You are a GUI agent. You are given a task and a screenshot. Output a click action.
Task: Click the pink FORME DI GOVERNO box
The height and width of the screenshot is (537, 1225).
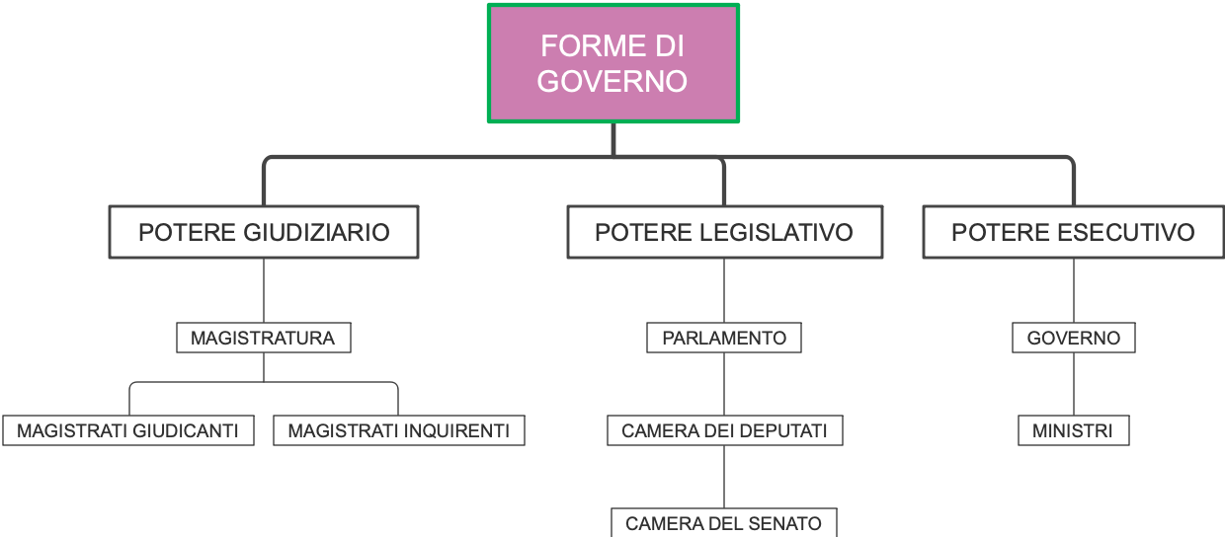(612, 63)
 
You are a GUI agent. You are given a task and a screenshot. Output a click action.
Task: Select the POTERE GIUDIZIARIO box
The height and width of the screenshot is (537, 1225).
(264, 232)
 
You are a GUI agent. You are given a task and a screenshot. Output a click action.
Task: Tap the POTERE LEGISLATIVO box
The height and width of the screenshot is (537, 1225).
(724, 232)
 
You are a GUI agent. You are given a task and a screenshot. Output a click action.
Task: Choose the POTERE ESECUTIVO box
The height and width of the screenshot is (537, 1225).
(1073, 232)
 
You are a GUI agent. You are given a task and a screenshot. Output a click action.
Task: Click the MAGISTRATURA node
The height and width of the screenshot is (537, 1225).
(263, 338)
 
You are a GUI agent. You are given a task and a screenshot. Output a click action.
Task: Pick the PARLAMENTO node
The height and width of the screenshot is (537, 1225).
(724, 338)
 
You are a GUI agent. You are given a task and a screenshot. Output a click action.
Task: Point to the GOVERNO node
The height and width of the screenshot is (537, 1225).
(1073, 338)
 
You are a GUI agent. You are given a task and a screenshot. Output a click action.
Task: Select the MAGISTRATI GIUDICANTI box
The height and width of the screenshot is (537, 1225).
(127, 430)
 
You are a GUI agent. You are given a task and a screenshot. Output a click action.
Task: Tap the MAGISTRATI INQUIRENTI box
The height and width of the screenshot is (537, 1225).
(398, 430)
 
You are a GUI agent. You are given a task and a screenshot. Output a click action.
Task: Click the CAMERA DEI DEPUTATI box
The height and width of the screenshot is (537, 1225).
(724, 430)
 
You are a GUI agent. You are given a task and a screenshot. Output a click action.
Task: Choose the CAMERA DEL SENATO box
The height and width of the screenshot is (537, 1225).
(723, 523)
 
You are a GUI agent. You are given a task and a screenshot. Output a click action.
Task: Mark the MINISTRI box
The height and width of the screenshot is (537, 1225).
(1073, 430)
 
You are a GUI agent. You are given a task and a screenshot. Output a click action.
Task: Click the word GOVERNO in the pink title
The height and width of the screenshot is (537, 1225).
(612, 81)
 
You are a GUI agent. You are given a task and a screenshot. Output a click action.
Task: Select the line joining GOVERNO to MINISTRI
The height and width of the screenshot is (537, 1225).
(1074, 384)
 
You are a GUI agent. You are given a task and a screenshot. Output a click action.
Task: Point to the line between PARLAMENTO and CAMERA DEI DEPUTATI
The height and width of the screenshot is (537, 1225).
(724, 384)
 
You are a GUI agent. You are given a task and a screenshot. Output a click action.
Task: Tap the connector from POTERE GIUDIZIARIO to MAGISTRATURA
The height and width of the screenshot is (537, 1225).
(264, 290)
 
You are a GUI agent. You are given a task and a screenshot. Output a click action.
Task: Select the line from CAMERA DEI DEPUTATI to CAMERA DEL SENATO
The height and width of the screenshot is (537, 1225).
(724, 477)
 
